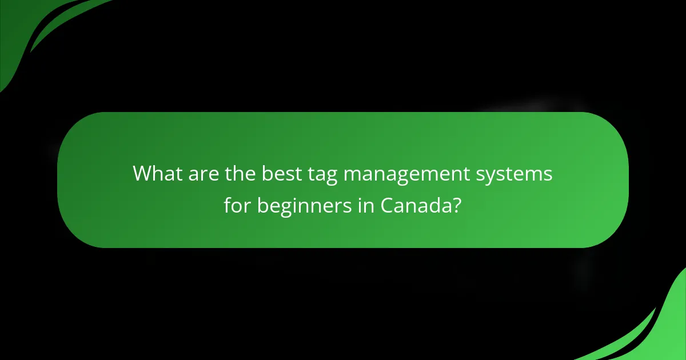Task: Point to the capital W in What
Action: (x=142, y=174)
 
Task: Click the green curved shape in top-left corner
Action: (x=23, y=29)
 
